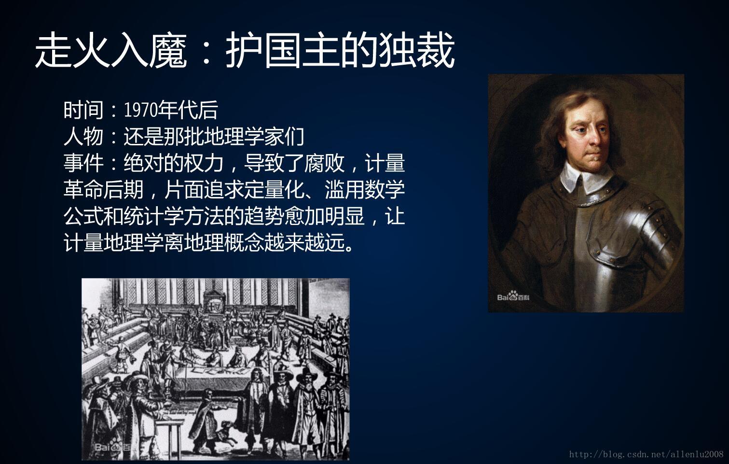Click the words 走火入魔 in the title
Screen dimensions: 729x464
tap(110, 51)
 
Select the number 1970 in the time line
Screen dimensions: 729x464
tap(140, 110)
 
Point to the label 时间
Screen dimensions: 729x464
tap(83, 110)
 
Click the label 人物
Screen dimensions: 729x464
tap(83, 137)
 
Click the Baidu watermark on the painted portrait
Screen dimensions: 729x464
tap(513, 296)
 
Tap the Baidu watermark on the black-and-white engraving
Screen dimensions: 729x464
tap(112, 447)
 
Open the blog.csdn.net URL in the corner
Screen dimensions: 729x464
tap(646, 454)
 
